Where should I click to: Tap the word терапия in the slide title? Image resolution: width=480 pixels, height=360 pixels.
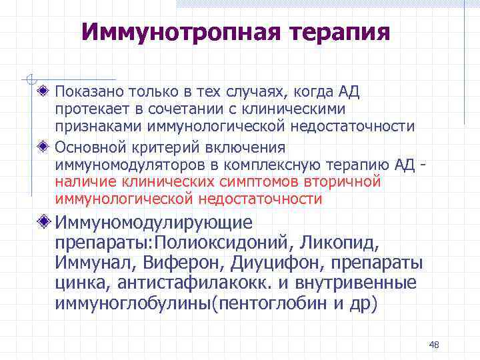click(x=340, y=32)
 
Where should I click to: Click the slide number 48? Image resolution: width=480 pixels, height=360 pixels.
click(x=434, y=345)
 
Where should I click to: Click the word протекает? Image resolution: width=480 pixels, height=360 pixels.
click(x=89, y=109)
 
